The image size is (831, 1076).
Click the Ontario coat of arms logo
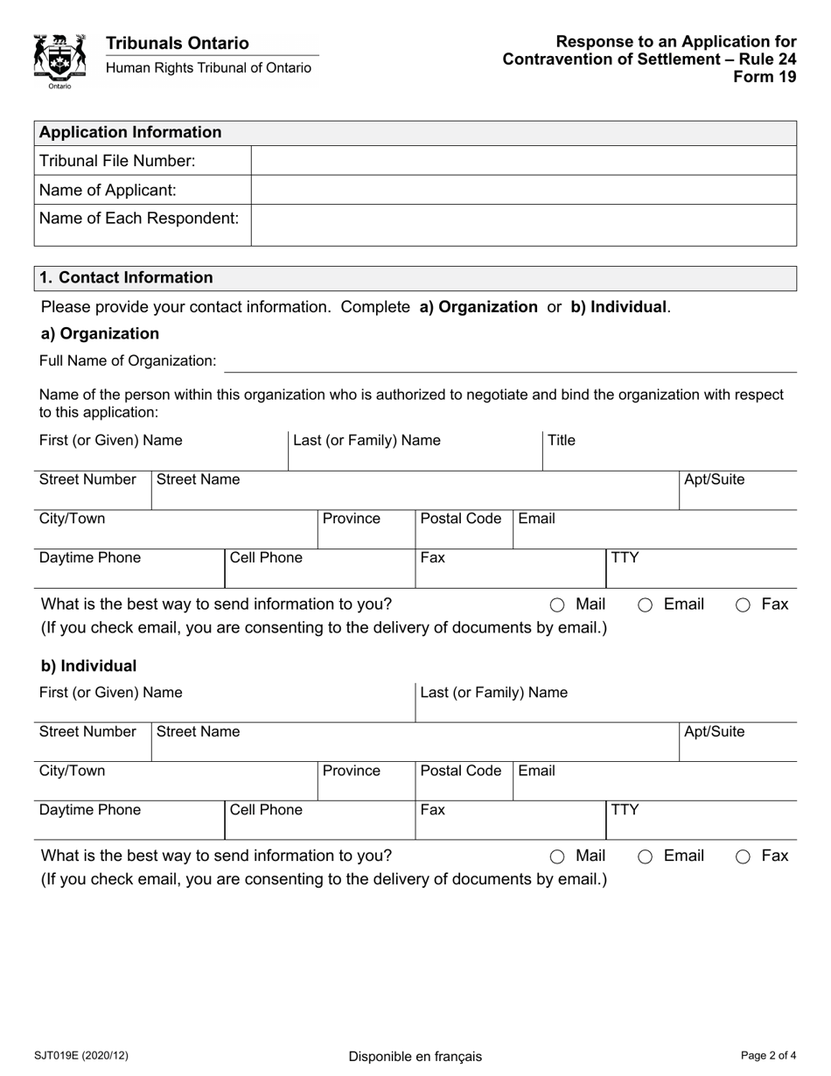point(59,60)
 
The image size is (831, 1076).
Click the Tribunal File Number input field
point(523,161)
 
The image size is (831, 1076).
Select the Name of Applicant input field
point(523,190)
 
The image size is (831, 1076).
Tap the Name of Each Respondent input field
point(523,225)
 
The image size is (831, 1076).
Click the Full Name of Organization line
point(509,361)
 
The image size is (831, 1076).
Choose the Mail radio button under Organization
point(557,604)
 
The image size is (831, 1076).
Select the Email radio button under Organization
point(645,604)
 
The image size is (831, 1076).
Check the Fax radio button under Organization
point(743,604)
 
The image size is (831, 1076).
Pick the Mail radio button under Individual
point(557,856)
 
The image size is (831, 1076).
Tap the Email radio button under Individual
point(645,856)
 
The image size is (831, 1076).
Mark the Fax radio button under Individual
point(743,856)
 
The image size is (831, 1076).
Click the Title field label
point(562,440)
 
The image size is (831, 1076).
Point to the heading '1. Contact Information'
point(127,277)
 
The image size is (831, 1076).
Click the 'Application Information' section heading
point(131,132)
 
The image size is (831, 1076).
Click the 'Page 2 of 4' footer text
point(768,1055)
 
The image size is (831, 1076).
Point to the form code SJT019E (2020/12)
point(81,1055)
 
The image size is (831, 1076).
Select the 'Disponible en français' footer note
point(415,1056)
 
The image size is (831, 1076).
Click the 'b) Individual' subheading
point(89,666)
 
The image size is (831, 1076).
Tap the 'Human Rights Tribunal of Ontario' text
point(208,67)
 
